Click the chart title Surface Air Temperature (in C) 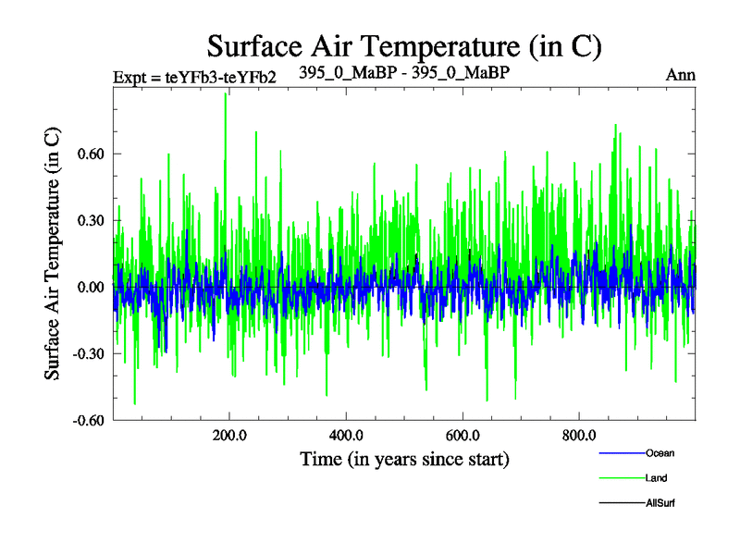pos(404,44)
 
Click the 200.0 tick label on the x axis pos(228,436)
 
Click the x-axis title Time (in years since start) pos(404,459)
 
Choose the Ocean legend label pos(660,453)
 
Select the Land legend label pos(656,478)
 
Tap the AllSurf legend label pos(660,503)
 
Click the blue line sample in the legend pos(621,453)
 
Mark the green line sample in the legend pos(621,478)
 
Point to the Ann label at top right pos(681,75)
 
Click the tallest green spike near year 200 pos(225,96)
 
